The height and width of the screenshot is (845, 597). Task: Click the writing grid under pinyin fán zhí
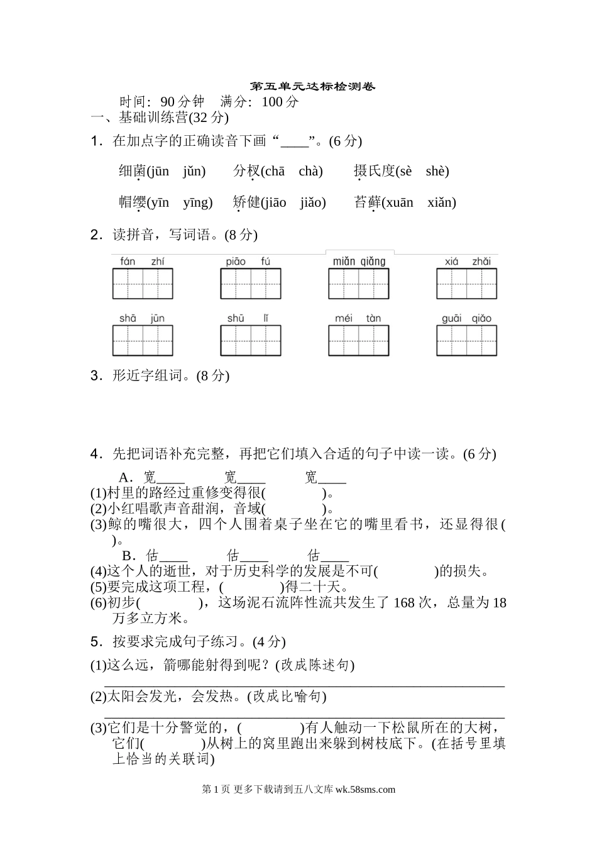point(143,284)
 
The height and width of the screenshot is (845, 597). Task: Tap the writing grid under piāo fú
point(251,284)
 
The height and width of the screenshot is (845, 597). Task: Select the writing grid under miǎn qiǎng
point(358,284)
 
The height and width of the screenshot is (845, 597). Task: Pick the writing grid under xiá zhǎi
point(467,284)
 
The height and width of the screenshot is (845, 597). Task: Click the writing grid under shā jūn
point(143,341)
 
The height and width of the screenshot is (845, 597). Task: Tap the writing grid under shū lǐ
point(251,341)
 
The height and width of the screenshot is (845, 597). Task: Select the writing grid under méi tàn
point(358,341)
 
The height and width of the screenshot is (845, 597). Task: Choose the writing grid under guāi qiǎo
point(467,341)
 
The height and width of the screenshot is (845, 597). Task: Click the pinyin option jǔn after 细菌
point(194,172)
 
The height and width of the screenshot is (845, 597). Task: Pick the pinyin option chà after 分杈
point(310,172)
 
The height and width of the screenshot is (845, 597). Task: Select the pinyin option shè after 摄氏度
point(437,172)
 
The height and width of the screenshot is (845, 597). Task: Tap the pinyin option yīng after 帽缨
point(197,202)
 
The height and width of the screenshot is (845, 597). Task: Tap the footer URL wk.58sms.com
point(366,790)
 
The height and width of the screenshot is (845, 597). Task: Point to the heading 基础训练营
point(153,118)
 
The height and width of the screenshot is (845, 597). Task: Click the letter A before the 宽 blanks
point(123,477)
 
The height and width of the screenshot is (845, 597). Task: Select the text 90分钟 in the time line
point(183,102)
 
